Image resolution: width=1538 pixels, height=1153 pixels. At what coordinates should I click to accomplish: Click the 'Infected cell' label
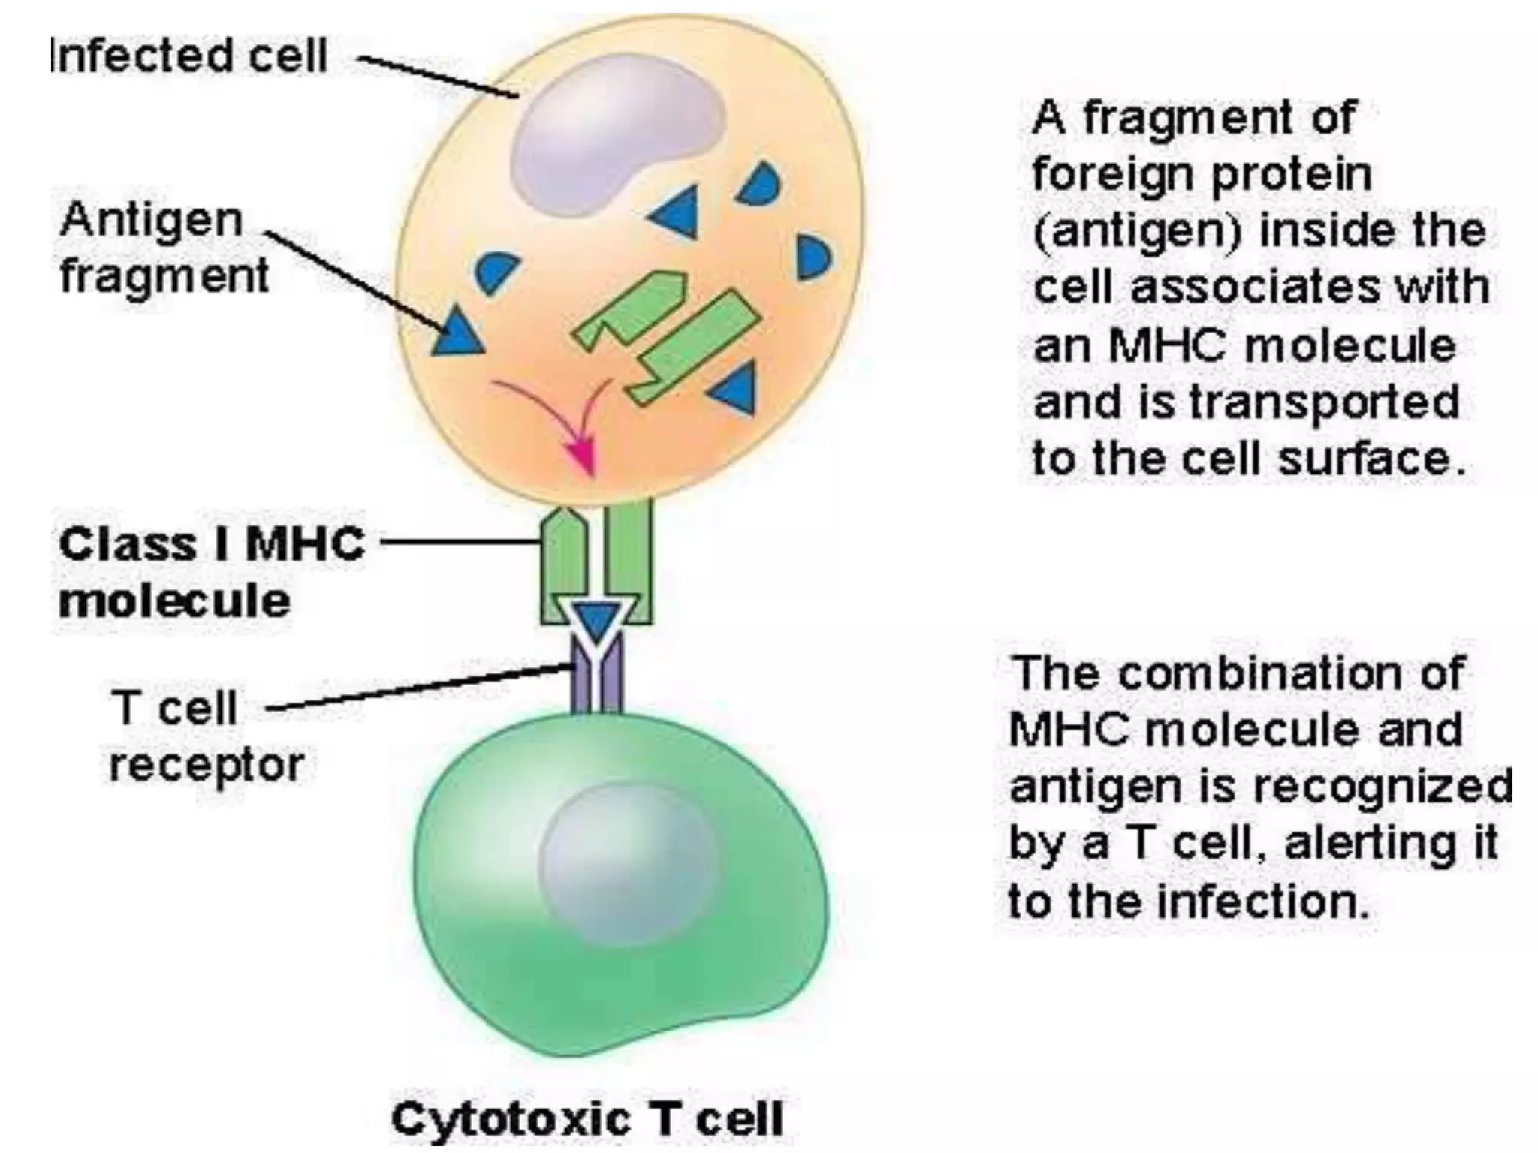pyautogui.click(x=188, y=56)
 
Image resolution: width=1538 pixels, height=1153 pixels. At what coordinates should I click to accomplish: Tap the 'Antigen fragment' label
pyautogui.click(x=164, y=248)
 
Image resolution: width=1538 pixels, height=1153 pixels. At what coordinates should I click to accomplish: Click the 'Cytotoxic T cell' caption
pyautogui.click(x=587, y=1118)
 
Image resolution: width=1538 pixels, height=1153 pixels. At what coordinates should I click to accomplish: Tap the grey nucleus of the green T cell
pyautogui.click(x=627, y=863)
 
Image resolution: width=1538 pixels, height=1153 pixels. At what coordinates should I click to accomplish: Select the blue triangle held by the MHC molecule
pyautogui.click(x=597, y=620)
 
